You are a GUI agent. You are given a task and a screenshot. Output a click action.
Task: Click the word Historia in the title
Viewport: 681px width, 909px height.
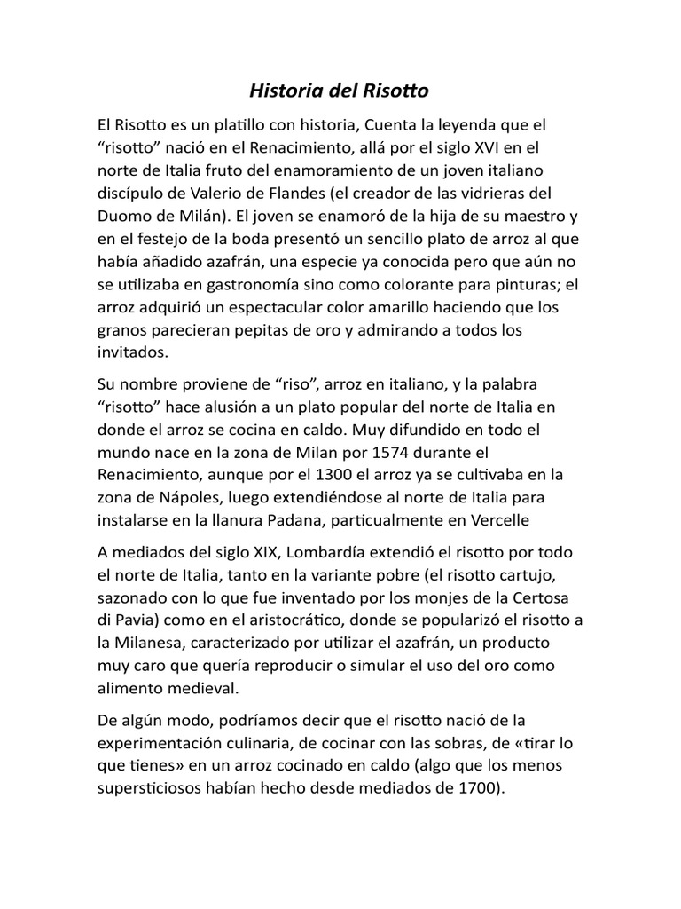[x=277, y=91]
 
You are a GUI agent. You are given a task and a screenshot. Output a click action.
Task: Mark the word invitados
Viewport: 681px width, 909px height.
[x=132, y=352]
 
